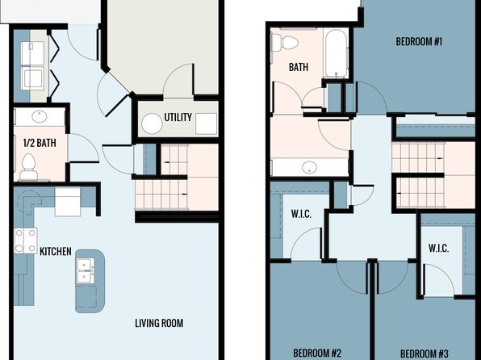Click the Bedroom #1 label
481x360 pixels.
pos(419,41)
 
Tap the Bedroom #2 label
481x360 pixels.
pos(317,353)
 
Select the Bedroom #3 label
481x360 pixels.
pos(425,354)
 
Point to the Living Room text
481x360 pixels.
pos(159,323)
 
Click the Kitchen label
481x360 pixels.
pos(56,251)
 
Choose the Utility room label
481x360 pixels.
pos(178,117)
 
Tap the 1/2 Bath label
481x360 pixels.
pos(40,143)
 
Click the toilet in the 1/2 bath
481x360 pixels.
pos(28,166)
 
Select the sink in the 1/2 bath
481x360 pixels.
pos(40,116)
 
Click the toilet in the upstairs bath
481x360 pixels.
pos(285,42)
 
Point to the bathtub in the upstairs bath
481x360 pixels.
pos(336,53)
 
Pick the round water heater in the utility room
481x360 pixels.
pos(152,123)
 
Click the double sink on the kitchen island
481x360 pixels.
pos(86,270)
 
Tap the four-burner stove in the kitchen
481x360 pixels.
pos(26,241)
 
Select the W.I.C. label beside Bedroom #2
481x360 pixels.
pos(301,214)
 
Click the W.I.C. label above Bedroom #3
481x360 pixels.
pos(439,248)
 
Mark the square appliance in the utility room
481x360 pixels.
pos(206,123)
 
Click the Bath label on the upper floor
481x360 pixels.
pos(299,67)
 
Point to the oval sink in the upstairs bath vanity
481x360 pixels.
pos(309,167)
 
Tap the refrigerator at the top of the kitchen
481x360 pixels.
pos(68,202)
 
